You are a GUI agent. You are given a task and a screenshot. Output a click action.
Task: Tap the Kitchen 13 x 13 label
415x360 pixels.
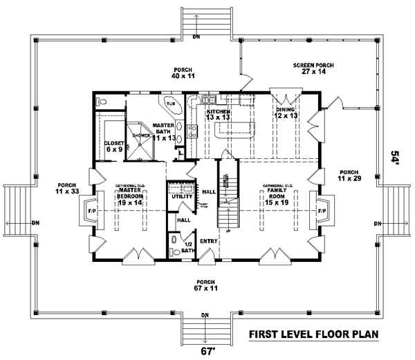pyautogui.click(x=218, y=114)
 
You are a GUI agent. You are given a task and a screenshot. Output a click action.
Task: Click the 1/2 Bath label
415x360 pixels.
pyautogui.click(x=186, y=247)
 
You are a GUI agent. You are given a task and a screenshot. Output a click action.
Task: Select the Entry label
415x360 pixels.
pyautogui.click(x=210, y=240)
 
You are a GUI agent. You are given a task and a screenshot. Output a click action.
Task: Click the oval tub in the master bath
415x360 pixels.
pyautogui.click(x=169, y=106)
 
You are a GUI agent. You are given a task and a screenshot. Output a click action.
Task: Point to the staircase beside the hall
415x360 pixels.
pyautogui.click(x=228, y=197)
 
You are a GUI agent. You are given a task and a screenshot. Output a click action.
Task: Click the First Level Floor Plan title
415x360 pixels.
pyautogui.click(x=313, y=335)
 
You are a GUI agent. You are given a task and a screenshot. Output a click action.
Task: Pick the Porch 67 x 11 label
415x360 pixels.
pyautogui.click(x=205, y=285)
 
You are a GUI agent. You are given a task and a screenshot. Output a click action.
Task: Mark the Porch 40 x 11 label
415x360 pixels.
pyautogui.click(x=182, y=74)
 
